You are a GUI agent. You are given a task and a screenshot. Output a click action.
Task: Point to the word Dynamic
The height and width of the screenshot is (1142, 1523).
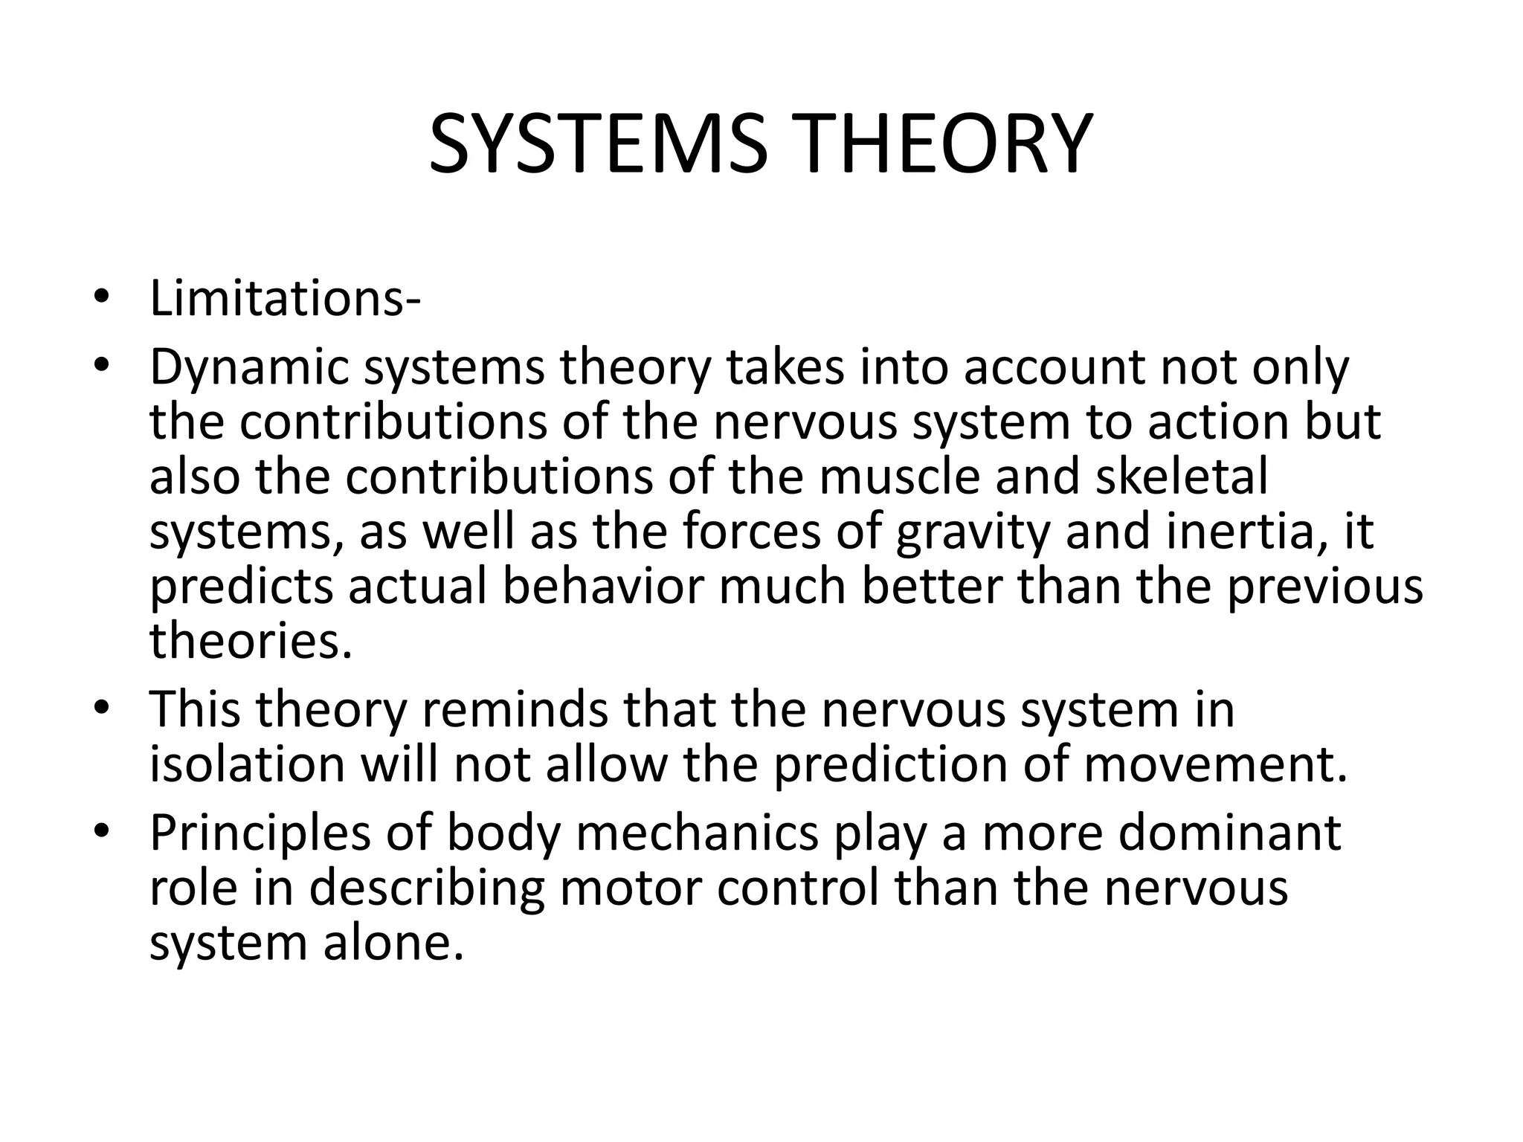pyautogui.click(x=248, y=368)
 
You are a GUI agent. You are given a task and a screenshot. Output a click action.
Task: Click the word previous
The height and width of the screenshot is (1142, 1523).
pyautogui.click(x=1324, y=587)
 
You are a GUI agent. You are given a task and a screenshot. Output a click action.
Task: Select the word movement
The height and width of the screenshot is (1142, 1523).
pyautogui.click(x=1214, y=765)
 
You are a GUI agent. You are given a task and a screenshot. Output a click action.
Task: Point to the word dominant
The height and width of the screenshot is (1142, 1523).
pyautogui.click(x=1230, y=833)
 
